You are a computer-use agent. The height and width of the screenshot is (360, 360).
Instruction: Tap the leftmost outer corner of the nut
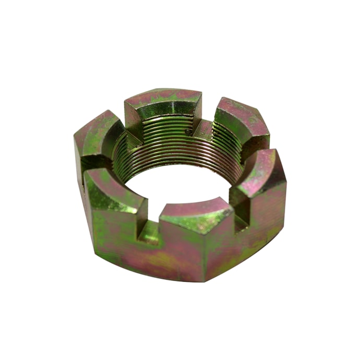click(x=76, y=157)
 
